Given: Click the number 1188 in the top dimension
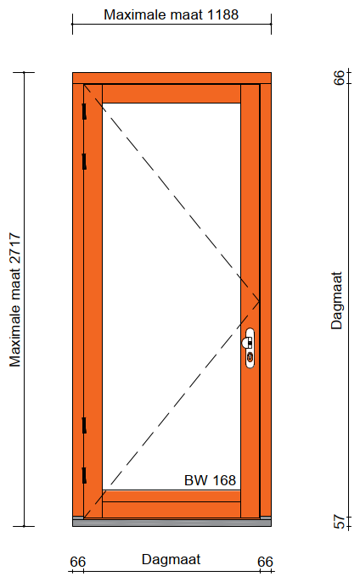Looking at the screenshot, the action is tap(222, 15).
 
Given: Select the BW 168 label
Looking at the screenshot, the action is tap(210, 480).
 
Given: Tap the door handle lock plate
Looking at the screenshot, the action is tap(250, 348).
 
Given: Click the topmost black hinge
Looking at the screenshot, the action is tap(84, 111).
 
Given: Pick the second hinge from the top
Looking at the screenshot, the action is tap(84, 161).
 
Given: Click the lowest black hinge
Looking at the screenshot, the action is tap(84, 475).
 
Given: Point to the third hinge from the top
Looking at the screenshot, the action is tap(84, 425).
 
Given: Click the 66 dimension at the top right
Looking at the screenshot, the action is tap(339, 77).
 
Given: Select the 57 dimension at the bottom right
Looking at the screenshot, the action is tap(339, 522).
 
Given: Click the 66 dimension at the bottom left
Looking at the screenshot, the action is tap(77, 562).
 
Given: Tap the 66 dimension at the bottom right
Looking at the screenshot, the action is tap(265, 562).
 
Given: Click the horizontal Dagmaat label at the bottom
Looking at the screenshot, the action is tap(171, 560).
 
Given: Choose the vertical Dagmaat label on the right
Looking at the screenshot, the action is tap(337, 300).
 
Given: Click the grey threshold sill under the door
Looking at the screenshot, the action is tap(172, 523).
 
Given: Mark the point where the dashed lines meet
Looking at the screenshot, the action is tap(259, 300).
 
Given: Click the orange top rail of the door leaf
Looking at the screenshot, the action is tap(172, 94).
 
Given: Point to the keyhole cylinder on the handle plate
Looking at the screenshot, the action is tap(250, 358).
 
